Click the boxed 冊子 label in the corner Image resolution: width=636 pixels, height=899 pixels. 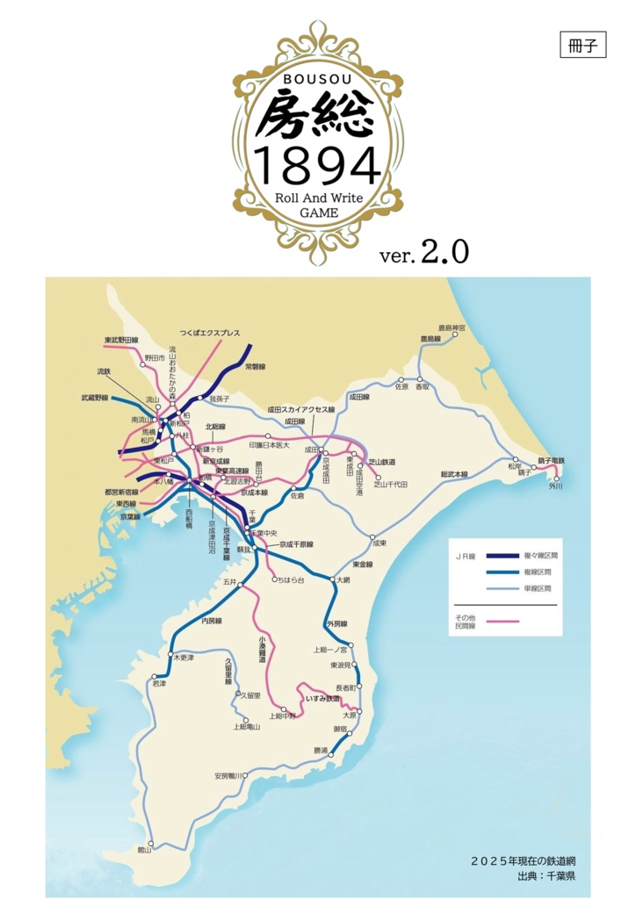[x=582, y=47]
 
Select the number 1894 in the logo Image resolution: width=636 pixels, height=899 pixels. [x=317, y=164]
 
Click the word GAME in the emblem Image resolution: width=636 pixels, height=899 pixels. [x=317, y=212]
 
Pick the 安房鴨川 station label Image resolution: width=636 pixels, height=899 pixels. [x=228, y=776]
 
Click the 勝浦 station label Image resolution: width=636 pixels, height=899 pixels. [x=321, y=751]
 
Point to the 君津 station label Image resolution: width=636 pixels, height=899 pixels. [x=159, y=683]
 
